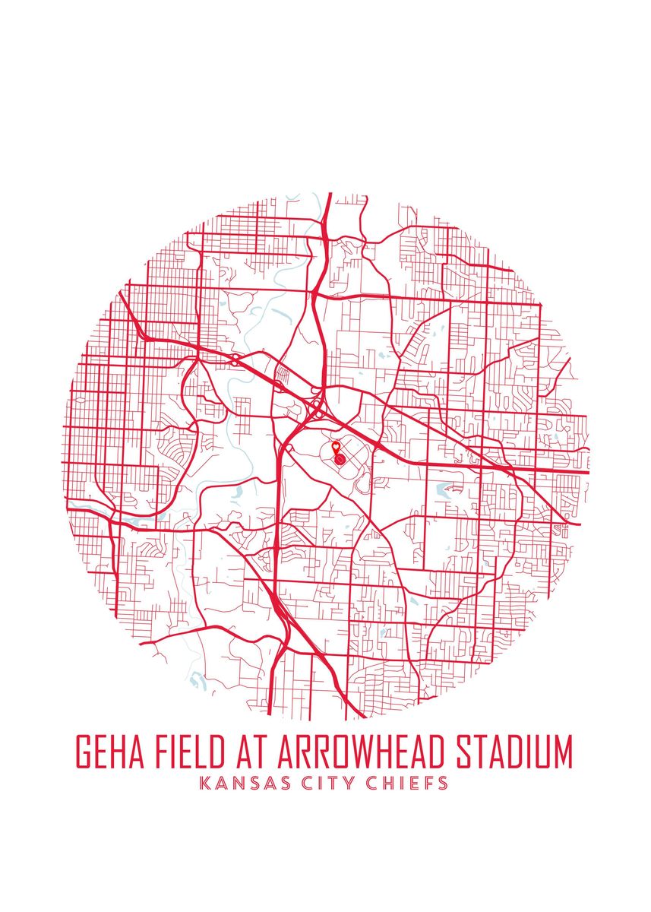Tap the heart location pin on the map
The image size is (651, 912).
pyautogui.click(x=336, y=449)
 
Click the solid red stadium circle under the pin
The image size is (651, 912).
pyautogui.click(x=340, y=459)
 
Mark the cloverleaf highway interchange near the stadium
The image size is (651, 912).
pyautogui.click(x=316, y=411)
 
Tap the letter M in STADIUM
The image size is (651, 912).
pyautogui.click(x=561, y=752)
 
